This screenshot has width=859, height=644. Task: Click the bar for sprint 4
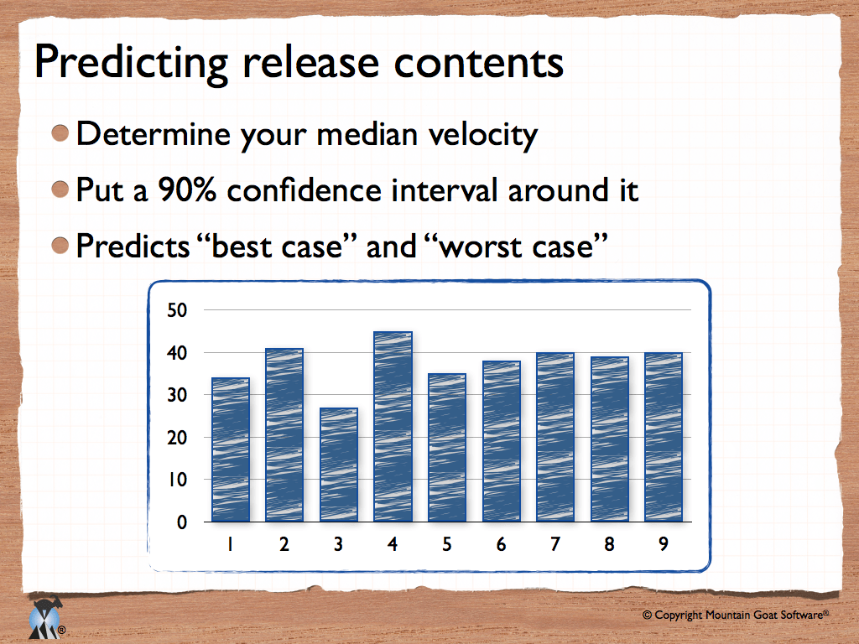tap(393, 427)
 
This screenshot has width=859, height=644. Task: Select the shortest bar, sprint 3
tap(339, 465)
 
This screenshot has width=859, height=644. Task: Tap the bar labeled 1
tap(231, 449)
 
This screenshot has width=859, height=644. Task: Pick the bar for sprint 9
tap(664, 437)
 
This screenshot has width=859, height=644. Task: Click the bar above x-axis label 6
tap(502, 441)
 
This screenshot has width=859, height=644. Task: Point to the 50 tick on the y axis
tap(177, 310)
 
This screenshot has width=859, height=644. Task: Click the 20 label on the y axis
tap(177, 438)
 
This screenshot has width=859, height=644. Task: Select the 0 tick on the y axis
tap(182, 522)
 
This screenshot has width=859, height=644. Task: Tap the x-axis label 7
tap(555, 543)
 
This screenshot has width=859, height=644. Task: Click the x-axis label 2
tap(284, 543)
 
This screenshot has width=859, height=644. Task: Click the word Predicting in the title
tap(131, 64)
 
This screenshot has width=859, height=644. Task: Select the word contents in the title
tap(478, 63)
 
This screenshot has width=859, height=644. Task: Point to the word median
tap(367, 133)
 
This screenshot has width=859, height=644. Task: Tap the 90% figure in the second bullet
tap(187, 190)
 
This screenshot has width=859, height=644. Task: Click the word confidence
tap(304, 190)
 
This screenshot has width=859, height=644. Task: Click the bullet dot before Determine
tap(60, 133)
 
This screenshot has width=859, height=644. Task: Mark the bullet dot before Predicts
tap(60, 246)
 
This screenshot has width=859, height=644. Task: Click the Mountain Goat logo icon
tap(46, 618)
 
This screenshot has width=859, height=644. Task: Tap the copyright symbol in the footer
tap(647, 615)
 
